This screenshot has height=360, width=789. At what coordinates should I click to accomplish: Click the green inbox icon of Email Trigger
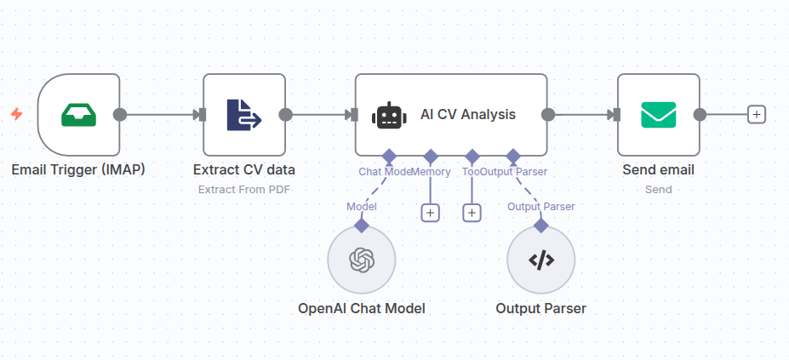coord(79,115)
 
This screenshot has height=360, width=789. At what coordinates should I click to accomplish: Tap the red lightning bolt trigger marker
coord(17,114)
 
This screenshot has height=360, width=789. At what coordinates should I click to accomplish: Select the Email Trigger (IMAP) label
coord(78,169)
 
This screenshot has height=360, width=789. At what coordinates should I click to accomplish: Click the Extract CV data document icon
coord(243,115)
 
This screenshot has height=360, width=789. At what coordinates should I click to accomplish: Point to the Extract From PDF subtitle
coord(243,189)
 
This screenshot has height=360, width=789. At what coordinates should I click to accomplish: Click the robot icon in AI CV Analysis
coord(388,115)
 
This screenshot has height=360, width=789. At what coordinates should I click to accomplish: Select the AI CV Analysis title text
coord(467,115)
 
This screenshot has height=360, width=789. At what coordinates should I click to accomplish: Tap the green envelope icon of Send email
coord(658,115)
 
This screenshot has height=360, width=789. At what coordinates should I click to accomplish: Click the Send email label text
coord(658,169)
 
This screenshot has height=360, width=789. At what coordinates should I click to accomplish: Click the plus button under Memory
coord(431,213)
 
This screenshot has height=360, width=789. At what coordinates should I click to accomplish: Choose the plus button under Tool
coord(472,213)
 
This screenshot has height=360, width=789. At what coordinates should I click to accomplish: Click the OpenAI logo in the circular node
coord(362,260)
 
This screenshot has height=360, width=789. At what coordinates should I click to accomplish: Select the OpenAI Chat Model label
coord(362,308)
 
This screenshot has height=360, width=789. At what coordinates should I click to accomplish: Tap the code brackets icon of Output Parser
coord(540,260)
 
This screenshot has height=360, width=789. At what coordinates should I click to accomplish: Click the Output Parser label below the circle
coord(540,308)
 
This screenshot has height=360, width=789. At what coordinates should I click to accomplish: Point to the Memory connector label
coord(432,172)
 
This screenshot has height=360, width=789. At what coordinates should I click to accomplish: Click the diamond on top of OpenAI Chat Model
coord(362,225)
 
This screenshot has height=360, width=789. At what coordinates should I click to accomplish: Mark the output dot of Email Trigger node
coord(120,115)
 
